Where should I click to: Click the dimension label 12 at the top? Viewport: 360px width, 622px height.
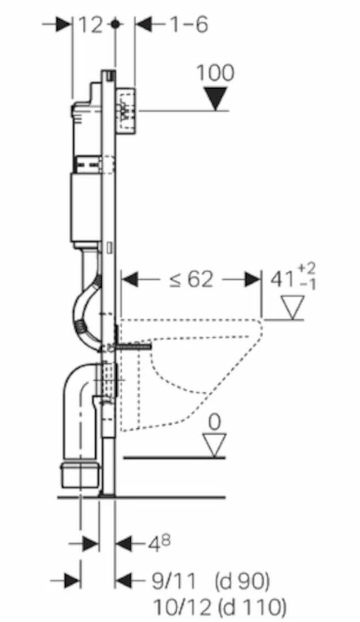click(x=91, y=25)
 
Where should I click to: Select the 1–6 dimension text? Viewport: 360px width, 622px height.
click(x=189, y=25)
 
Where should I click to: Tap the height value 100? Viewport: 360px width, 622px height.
click(x=215, y=73)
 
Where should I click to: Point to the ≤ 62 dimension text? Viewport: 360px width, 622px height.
click(x=191, y=279)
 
